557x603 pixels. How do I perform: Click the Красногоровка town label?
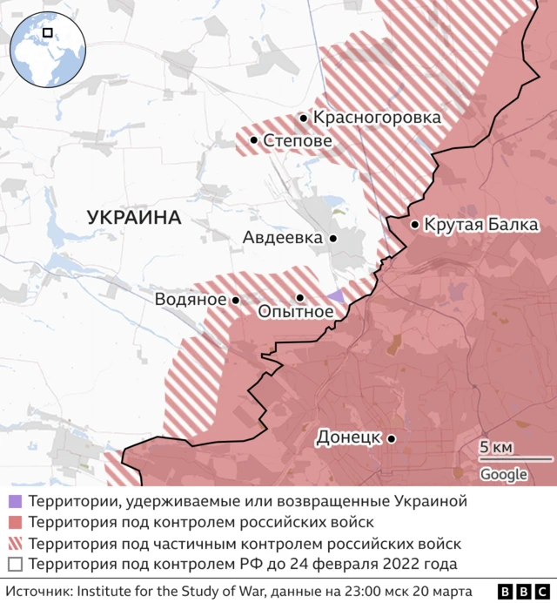click(x=377, y=118)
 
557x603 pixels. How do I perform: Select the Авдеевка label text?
click(x=282, y=238)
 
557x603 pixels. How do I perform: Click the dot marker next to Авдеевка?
click(x=332, y=238)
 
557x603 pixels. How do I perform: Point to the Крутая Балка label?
click(x=480, y=225)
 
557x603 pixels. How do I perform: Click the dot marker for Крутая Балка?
click(x=414, y=225)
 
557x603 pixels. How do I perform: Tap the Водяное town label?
click(x=191, y=300)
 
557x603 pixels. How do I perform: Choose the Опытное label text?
click(x=295, y=312)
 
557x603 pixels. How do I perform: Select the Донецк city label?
click(x=349, y=437)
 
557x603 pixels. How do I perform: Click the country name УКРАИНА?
click(x=134, y=218)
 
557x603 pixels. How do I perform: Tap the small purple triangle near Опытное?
click(x=337, y=295)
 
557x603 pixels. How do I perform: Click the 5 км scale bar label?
click(x=496, y=448)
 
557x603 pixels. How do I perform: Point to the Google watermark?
click(x=504, y=474)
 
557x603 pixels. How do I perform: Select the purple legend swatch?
click(x=15, y=502)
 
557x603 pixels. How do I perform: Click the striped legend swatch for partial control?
click(x=15, y=544)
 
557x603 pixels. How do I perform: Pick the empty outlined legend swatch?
click(x=15, y=565)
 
